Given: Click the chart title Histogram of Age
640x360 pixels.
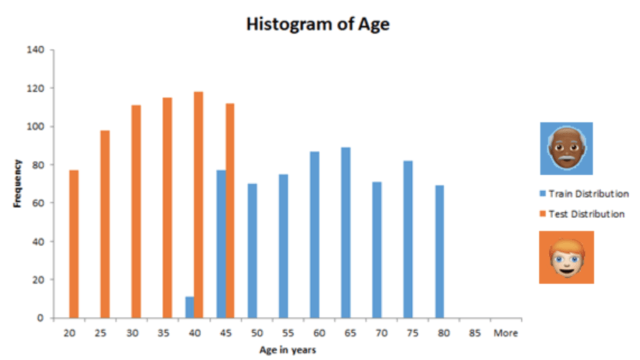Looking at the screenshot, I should [x=317, y=24].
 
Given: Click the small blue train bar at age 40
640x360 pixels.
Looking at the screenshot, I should [x=189, y=307].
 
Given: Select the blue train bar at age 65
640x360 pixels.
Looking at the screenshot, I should [x=346, y=232].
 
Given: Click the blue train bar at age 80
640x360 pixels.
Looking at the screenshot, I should [x=439, y=251].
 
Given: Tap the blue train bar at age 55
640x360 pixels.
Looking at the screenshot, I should [x=283, y=246].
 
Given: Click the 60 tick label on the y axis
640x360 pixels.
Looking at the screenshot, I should [x=37, y=203].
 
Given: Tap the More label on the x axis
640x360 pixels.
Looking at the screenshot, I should [x=505, y=333].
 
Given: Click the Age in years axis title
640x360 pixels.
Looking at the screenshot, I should [x=287, y=350].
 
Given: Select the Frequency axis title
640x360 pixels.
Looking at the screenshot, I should [x=18, y=183].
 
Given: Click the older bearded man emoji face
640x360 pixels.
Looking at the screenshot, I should [x=566, y=148].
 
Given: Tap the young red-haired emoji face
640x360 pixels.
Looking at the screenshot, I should [x=566, y=257].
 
